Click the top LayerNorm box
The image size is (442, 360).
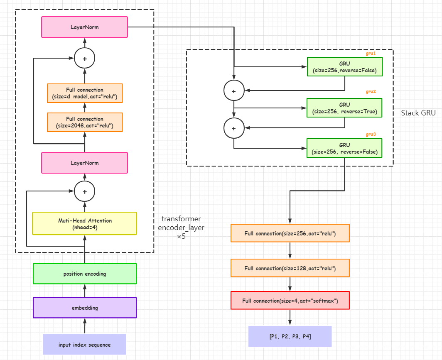click(84, 27)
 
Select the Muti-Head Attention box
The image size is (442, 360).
click(84, 223)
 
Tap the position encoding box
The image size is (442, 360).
click(84, 274)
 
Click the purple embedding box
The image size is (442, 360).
click(84, 308)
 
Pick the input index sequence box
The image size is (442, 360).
click(84, 344)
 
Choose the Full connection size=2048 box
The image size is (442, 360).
click(84, 122)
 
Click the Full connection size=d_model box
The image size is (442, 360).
click(84, 93)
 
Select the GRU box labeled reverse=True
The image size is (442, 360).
click(344, 108)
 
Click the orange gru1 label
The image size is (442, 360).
click(371, 53)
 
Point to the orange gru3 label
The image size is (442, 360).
click(371, 135)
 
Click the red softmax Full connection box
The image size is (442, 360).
click(290, 300)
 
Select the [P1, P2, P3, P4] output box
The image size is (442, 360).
click(290, 336)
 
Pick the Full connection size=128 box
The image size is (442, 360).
click(290, 268)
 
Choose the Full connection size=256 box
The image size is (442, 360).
click(290, 233)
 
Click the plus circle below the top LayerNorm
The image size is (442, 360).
click(85, 59)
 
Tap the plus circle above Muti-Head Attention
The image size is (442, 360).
click(85, 191)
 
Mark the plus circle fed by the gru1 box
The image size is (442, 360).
click(234, 91)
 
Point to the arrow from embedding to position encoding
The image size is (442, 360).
click(85, 291)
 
